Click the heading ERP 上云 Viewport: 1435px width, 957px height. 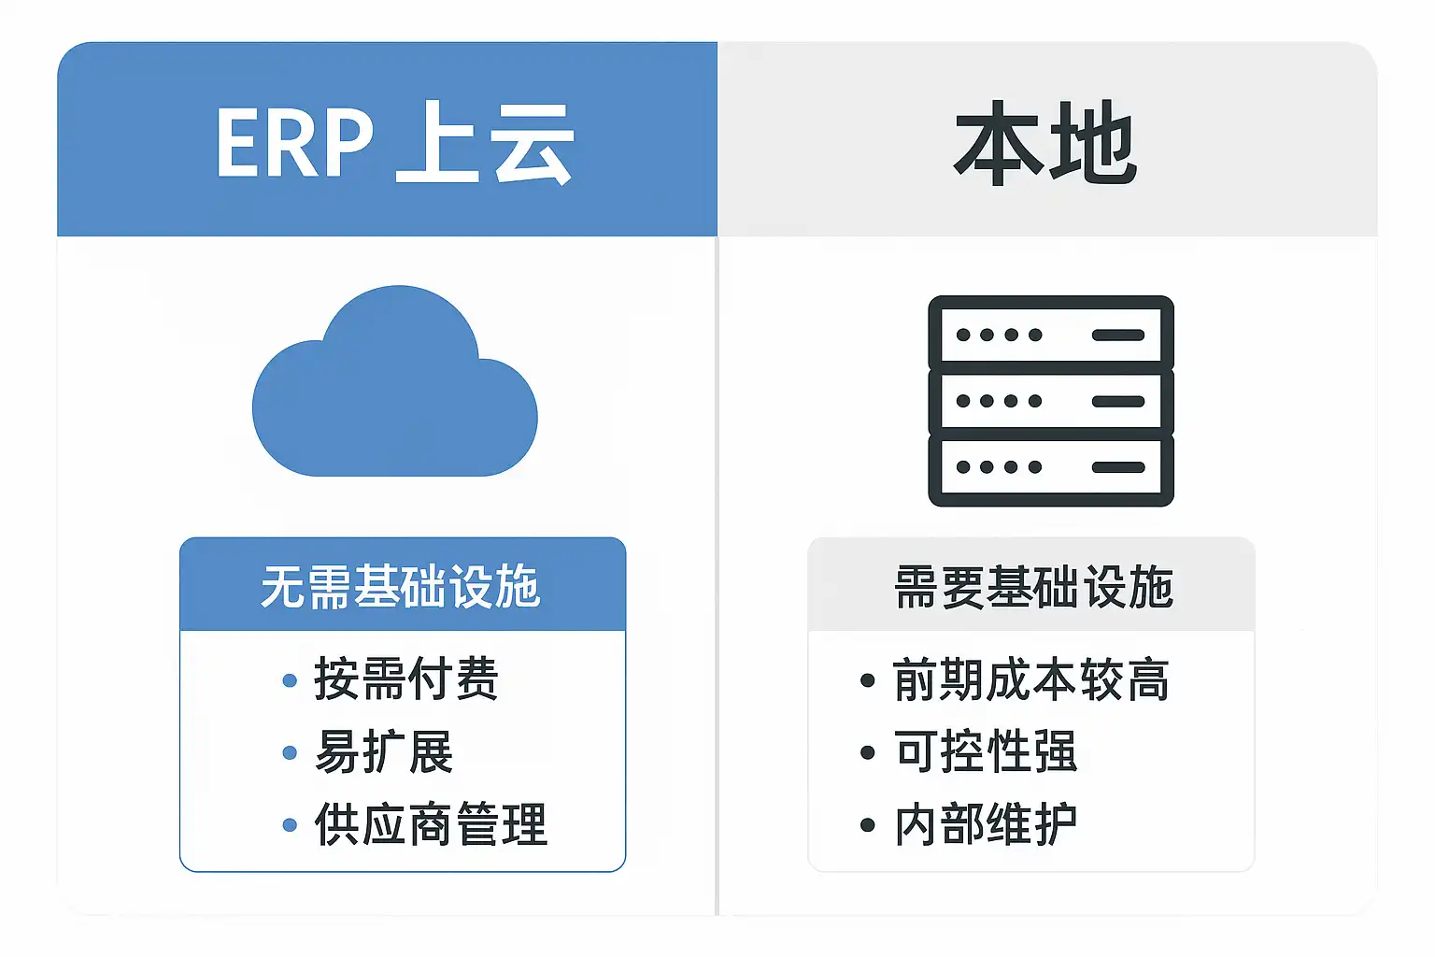pyautogui.click(x=394, y=142)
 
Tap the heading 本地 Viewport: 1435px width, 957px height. pyautogui.click(x=1044, y=142)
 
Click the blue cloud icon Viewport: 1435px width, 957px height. pyautogui.click(x=394, y=380)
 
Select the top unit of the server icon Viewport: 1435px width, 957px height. pyautogui.click(x=1051, y=334)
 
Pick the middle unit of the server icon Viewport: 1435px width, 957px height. pyautogui.click(x=1051, y=401)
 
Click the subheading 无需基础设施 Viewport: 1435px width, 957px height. pyautogui.click(x=401, y=587)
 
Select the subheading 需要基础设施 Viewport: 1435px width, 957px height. pyautogui.click(x=1033, y=587)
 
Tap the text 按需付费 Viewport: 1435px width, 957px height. pyautogui.click(x=406, y=678)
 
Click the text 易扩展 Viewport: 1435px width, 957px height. pyautogui.click(x=384, y=751)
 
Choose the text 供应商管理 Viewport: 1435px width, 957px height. pyautogui.click(x=431, y=824)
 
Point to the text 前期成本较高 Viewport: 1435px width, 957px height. pyautogui.click(x=1031, y=679)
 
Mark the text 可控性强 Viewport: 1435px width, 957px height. pyautogui.click(x=986, y=751)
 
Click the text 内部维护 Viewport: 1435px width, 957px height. pyautogui.click(x=986, y=824)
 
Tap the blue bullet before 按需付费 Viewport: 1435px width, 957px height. pyautogui.click(x=290, y=680)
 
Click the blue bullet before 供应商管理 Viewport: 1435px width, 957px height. pyautogui.click(x=290, y=825)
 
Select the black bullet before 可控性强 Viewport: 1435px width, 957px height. pyautogui.click(x=867, y=752)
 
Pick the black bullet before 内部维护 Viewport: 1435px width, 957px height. pyautogui.click(x=867, y=825)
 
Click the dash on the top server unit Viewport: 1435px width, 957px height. pyautogui.click(x=1118, y=335)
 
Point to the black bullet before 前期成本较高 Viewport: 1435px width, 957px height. pyautogui.click(x=867, y=680)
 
